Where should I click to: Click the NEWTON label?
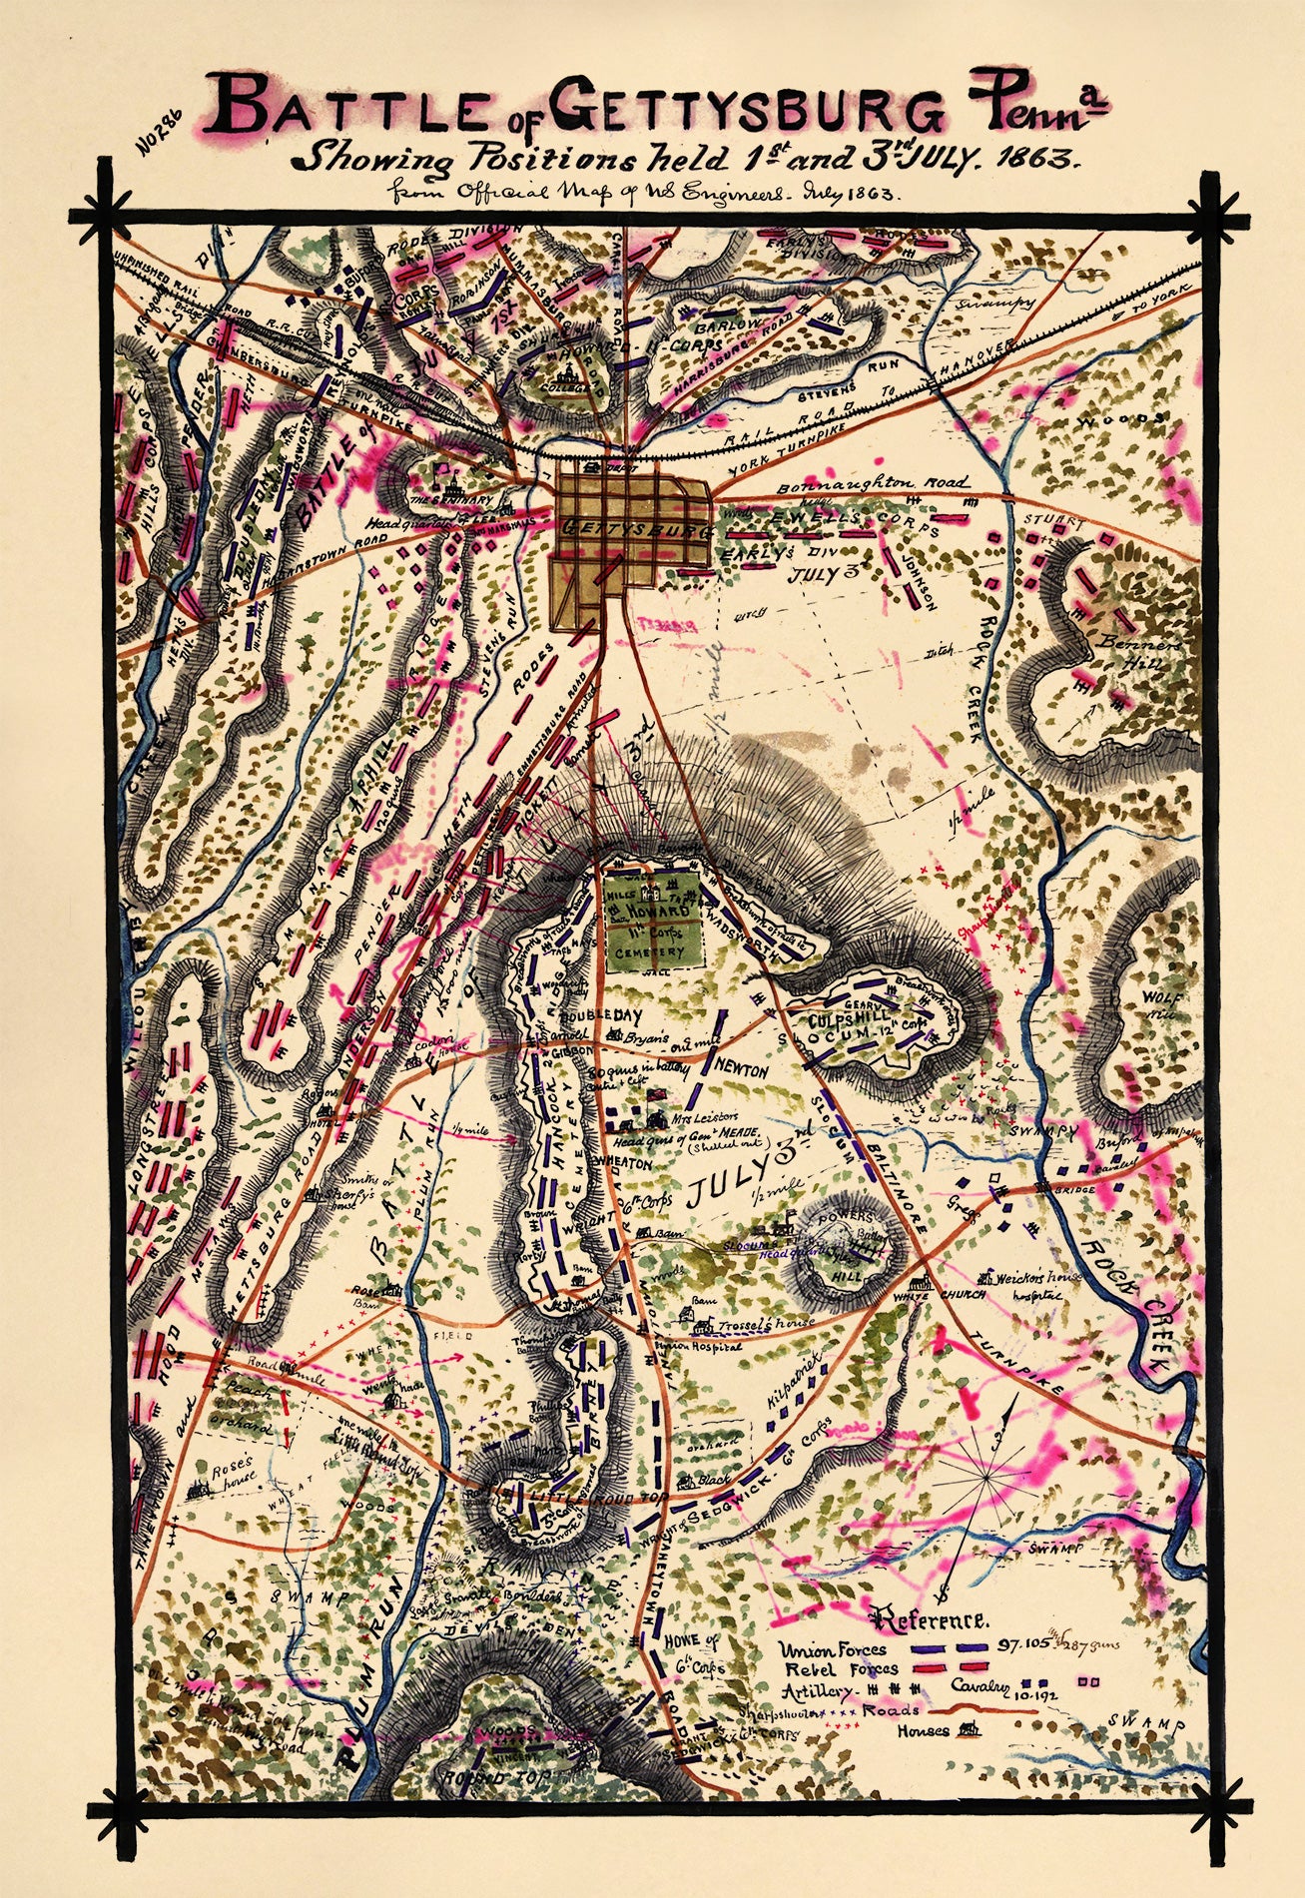pyautogui.click(x=740, y=1071)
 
